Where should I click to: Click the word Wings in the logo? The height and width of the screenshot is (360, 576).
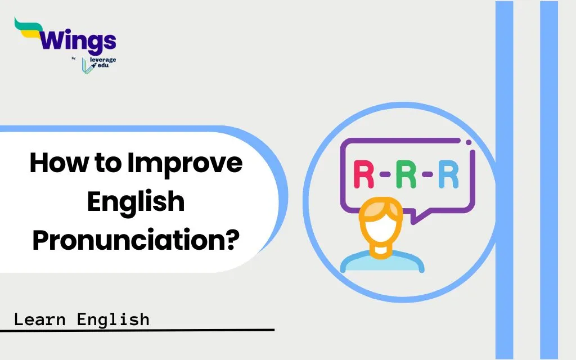coord(78,41)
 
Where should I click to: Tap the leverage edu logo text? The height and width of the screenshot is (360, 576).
coord(102,62)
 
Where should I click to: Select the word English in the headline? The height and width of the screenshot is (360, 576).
coord(136,201)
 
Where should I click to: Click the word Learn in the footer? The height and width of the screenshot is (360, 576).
coord(40,319)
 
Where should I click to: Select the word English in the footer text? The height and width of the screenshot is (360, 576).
coord(113,319)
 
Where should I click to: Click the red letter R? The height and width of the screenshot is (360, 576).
coord(364,174)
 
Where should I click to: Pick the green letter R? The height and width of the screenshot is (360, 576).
coord(406,174)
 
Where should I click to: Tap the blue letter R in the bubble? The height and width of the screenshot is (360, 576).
coord(448,174)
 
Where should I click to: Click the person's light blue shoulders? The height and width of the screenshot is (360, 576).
coord(382,262)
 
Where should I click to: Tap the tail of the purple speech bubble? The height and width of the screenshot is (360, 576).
coord(416,218)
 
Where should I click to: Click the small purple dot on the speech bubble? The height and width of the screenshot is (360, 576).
coord(469,142)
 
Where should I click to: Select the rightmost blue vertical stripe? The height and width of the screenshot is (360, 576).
coord(549,180)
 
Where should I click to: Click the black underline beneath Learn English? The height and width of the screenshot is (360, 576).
coord(137,330)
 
